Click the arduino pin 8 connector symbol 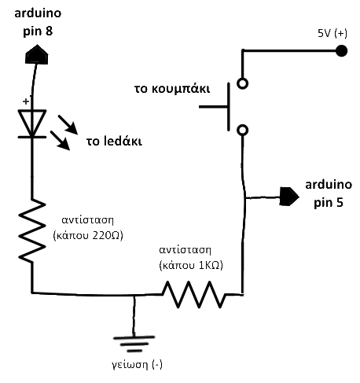(x=37, y=54)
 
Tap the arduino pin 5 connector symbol (x=289, y=197)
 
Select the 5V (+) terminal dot (x=341, y=51)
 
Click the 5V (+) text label (x=332, y=34)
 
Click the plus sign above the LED (x=26, y=101)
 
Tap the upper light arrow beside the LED (x=68, y=125)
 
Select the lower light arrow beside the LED (x=60, y=141)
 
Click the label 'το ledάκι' (x=114, y=141)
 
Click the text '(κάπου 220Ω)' (x=88, y=235)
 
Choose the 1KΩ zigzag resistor (x=194, y=294)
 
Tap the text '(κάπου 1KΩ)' (x=191, y=265)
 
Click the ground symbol (x=134, y=344)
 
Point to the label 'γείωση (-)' (x=137, y=365)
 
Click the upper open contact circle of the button (x=242, y=83)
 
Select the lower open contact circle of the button (x=242, y=130)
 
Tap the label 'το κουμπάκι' (x=172, y=89)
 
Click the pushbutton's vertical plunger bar (x=229, y=107)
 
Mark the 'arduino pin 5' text (x=329, y=193)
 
